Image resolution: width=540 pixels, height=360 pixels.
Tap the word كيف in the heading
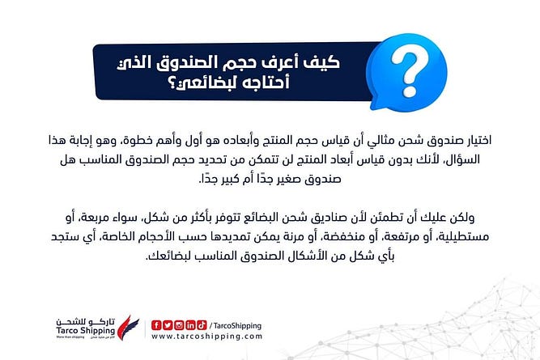click(321, 62)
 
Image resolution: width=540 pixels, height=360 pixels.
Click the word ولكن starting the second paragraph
click(463, 218)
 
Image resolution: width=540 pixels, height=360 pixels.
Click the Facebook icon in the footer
click(156, 325)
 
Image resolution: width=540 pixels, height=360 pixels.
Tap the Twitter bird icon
click(168, 325)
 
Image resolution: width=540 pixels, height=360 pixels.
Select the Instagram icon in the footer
click(179, 325)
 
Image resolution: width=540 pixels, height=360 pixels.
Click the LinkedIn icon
click(190, 325)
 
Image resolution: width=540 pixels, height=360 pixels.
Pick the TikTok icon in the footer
click(202, 325)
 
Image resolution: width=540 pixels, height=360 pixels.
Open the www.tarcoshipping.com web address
click(207, 337)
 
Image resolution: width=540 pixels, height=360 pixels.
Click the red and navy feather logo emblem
click(128, 328)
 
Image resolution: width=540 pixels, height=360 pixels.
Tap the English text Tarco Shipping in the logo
click(85, 330)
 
